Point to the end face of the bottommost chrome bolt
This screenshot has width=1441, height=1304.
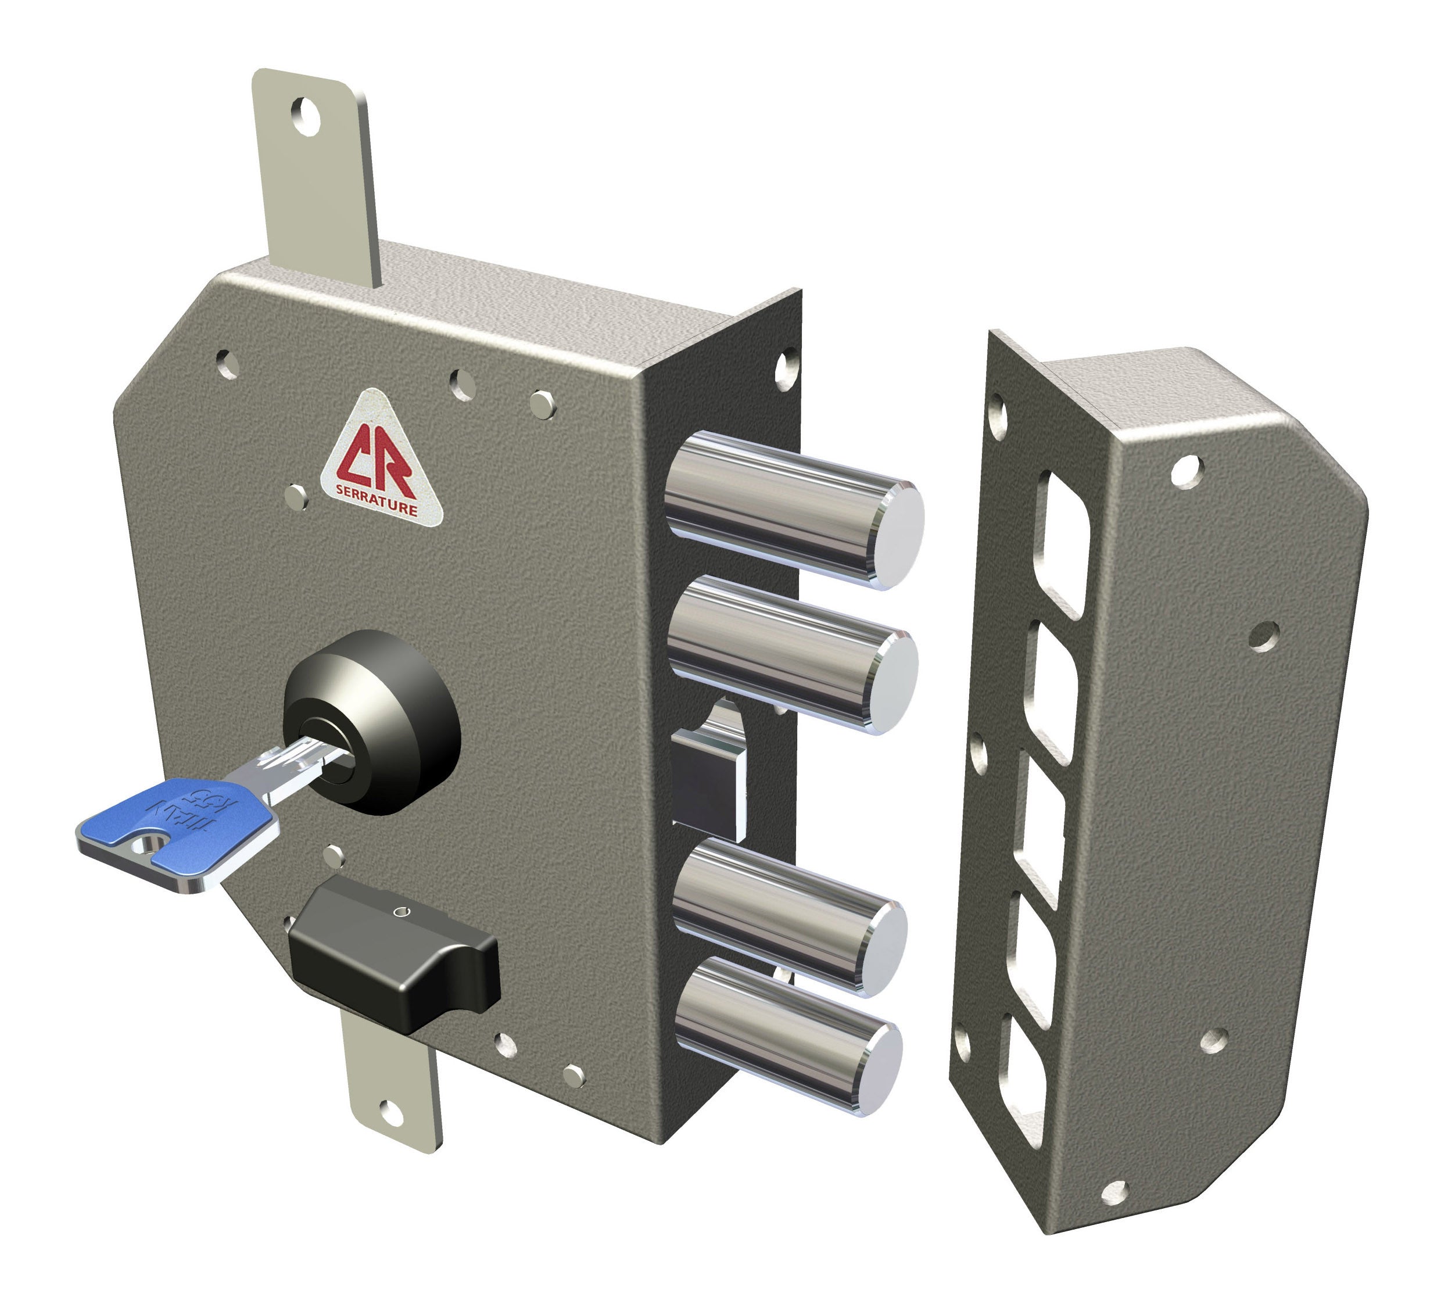(x=878, y=1065)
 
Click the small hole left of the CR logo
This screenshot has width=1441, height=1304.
(x=296, y=496)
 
